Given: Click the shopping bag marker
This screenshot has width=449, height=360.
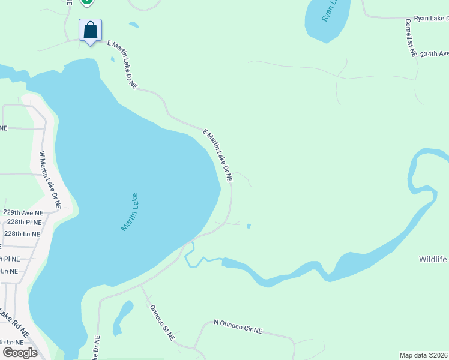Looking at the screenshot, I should point(90,30).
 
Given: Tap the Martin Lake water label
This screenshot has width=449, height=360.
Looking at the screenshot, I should point(130,212).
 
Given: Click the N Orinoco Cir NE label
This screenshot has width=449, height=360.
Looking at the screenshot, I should point(238,326).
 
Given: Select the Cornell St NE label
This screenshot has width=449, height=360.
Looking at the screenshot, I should point(411,37).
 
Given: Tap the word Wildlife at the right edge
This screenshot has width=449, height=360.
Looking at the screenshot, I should point(433,259).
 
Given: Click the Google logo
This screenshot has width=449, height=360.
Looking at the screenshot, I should point(20,353).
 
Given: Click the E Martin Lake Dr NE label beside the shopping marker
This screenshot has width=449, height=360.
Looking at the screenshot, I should point(122,65).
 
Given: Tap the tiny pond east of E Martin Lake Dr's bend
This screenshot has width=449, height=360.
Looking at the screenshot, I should point(249,226).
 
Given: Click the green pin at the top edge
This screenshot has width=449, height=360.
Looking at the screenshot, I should point(87,2).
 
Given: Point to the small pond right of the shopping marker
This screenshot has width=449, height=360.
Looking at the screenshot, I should point(134,25).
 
